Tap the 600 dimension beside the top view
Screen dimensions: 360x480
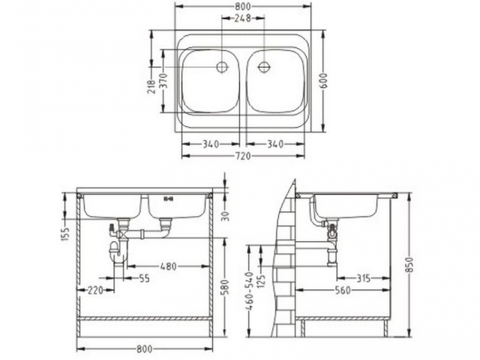pyautogui.click(x=324, y=81)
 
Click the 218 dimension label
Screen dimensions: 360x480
pyautogui.click(x=151, y=86)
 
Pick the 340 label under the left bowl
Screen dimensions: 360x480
pyautogui.click(x=211, y=145)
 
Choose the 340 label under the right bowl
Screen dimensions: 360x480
pyautogui.click(x=275, y=145)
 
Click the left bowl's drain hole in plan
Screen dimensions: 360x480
pyautogui.click(x=222, y=67)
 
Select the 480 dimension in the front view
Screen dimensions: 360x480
pyautogui.click(x=168, y=266)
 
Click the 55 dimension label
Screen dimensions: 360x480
pyautogui.click(x=143, y=278)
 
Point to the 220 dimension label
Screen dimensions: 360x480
pyautogui.click(x=95, y=290)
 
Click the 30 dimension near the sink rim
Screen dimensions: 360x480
pyautogui.click(x=225, y=215)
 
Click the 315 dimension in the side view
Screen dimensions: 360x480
pyautogui.click(x=363, y=278)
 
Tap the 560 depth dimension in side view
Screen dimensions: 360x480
pyautogui.click(x=342, y=290)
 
